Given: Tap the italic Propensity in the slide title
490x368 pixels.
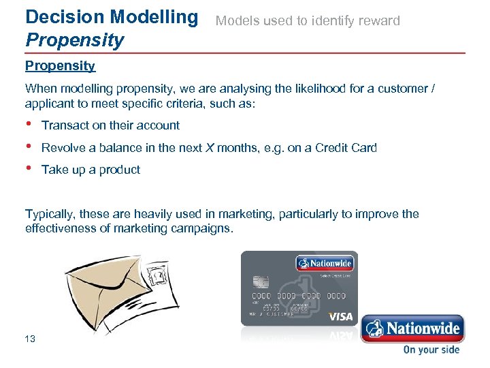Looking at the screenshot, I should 75,40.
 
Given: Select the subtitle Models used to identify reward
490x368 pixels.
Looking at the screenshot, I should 308,20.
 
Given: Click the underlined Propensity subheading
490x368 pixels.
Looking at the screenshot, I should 60,66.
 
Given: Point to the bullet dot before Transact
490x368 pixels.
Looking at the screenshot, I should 29,124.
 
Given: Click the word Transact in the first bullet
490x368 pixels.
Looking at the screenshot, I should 65,125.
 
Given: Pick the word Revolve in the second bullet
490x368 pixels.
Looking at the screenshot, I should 63,148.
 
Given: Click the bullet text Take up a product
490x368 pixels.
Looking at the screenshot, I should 91,170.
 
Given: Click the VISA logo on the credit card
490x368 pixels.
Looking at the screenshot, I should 340,317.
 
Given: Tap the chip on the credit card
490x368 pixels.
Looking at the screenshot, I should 260,282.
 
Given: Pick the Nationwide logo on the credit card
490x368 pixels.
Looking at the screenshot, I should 325,263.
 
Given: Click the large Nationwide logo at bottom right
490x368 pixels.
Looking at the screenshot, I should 412,328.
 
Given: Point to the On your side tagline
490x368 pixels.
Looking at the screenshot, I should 431,350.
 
